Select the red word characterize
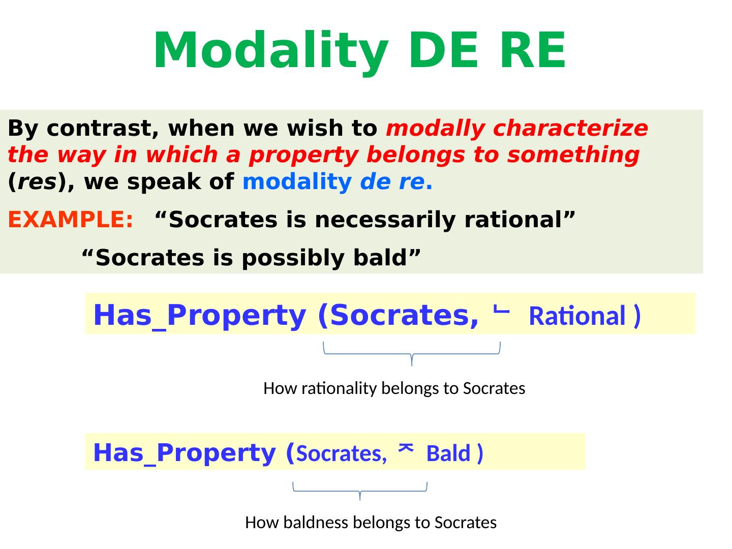coord(570,128)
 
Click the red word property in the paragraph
coord(303,156)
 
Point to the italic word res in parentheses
coord(37,182)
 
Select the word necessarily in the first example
coord(385,220)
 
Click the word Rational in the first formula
coord(577,316)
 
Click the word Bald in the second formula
coord(448,453)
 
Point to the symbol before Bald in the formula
coord(406,448)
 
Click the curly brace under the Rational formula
coord(412,354)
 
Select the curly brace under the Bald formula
coord(360,491)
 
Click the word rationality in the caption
coord(339,388)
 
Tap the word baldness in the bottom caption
coord(316,522)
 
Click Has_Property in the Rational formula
coord(199,315)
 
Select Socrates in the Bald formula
coord(341,453)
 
